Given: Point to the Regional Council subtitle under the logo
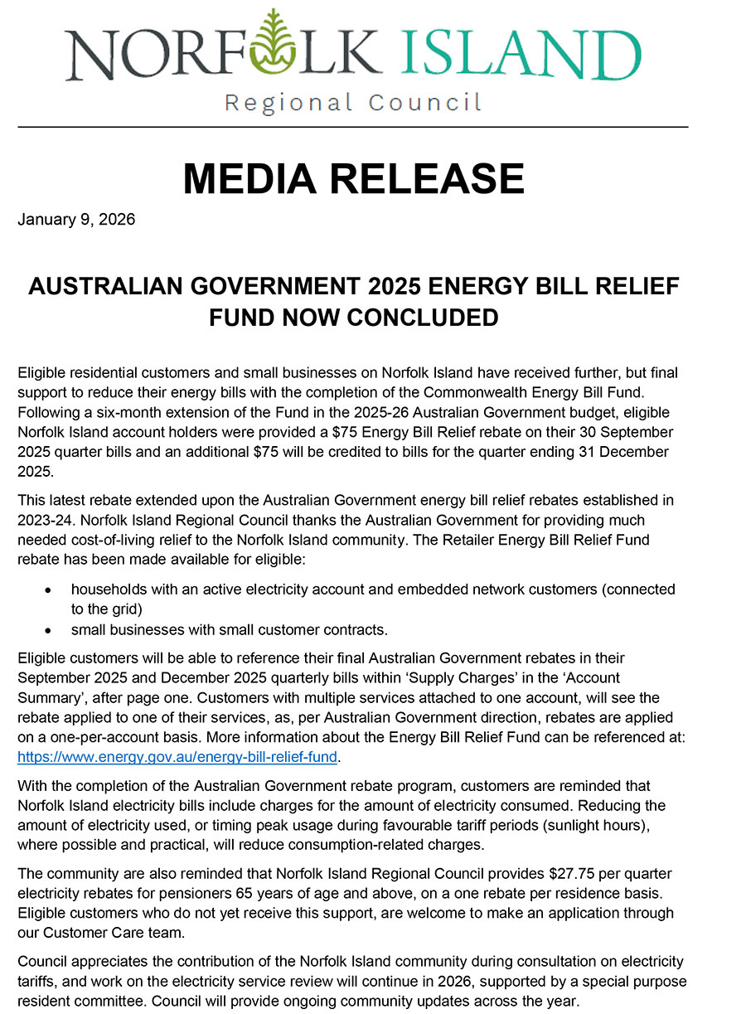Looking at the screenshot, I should (353, 103).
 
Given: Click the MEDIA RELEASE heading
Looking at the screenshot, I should (353, 178).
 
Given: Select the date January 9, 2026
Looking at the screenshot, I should (76, 221).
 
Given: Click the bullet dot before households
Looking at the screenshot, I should (51, 589).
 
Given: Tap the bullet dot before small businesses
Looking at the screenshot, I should (51, 629).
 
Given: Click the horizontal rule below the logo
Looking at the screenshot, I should (353, 127).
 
